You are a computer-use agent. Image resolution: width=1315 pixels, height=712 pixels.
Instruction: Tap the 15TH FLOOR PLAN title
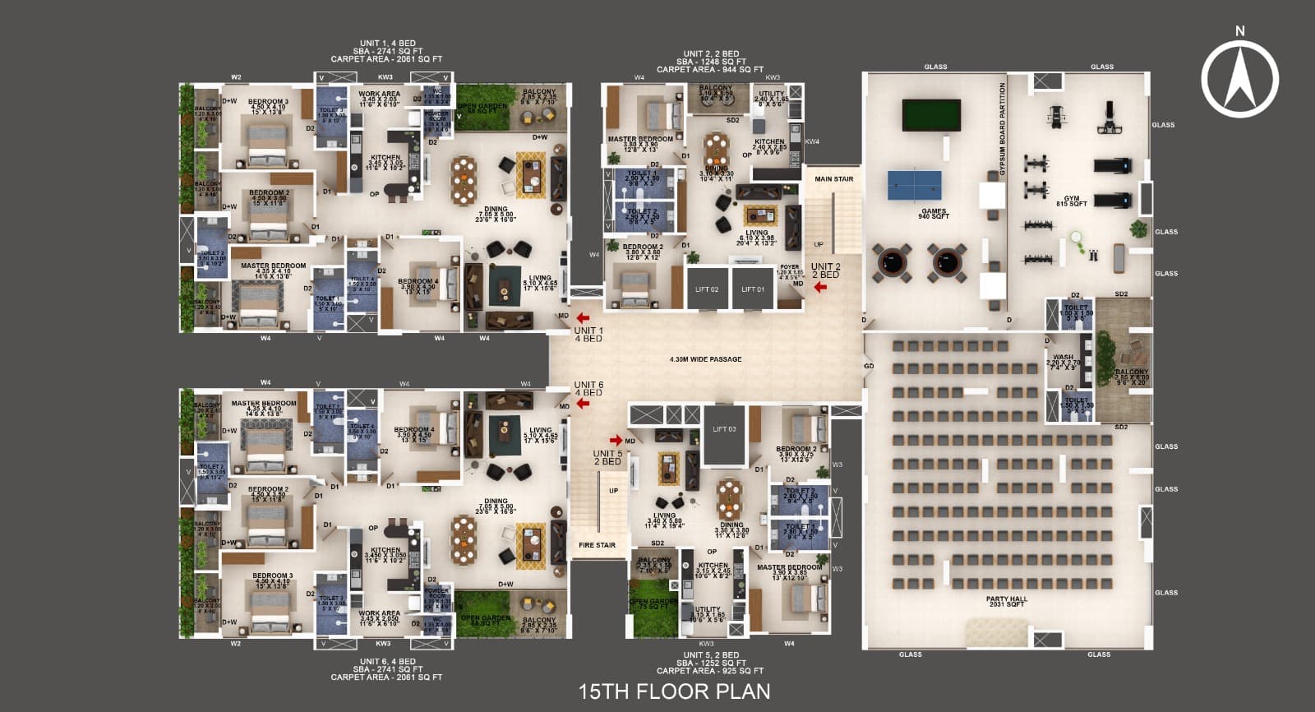coord(674,691)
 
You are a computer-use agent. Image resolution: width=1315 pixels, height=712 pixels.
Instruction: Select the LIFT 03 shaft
coord(724,434)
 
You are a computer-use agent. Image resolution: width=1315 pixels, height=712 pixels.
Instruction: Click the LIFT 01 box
coord(753,289)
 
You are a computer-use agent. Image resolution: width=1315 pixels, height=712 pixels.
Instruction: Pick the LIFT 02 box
coord(707,289)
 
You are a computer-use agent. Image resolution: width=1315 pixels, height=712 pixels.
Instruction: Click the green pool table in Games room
coord(932,111)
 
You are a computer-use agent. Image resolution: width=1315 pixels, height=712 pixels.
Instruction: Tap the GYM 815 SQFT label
coord(1072,201)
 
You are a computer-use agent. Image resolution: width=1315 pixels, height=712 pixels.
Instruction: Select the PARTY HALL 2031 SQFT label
coord(1006,602)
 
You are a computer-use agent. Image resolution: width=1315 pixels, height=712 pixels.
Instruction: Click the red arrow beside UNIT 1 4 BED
coord(583,318)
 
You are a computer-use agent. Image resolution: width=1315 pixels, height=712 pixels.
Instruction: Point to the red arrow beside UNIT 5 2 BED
coord(616,441)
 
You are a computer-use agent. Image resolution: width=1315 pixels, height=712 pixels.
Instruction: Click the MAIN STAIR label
coord(833,179)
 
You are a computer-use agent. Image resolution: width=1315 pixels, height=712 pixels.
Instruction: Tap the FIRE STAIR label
coord(597,545)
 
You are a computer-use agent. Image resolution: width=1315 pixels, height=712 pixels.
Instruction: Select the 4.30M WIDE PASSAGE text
coord(705,359)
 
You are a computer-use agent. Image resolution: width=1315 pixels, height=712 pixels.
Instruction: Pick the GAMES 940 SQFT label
coord(934,214)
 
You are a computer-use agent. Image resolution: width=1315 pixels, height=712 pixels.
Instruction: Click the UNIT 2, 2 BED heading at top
coord(711,54)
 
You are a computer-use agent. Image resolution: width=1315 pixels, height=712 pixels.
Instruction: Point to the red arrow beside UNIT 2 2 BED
coord(797,266)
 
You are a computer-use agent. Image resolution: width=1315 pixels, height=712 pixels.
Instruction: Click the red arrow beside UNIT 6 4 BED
coord(583,404)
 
